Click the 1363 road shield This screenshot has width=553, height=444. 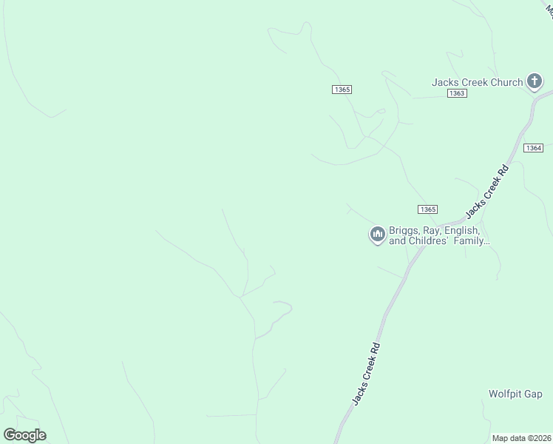point(457,93)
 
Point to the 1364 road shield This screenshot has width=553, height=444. point(534,148)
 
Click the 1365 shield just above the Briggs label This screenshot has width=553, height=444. point(427,209)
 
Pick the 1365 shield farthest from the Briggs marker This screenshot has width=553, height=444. point(342,89)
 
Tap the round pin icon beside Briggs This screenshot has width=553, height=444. point(378,235)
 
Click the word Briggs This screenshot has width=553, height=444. point(406,230)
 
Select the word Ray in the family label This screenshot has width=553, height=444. point(437,230)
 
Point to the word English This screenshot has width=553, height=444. point(466,230)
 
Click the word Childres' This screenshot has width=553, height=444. point(434,241)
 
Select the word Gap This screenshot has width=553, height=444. point(534,394)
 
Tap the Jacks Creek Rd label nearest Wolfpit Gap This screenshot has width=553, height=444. point(366,374)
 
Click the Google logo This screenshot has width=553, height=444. point(24,435)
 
